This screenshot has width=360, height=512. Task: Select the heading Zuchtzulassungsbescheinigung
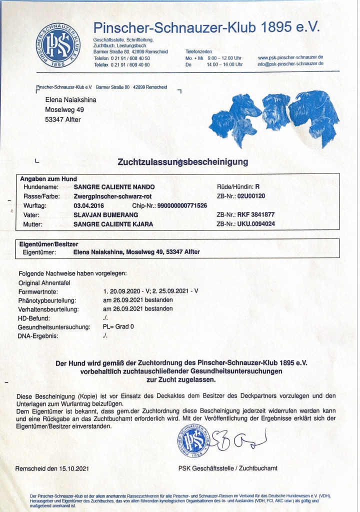coord(182,162)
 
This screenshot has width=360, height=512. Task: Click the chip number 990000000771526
coord(182,205)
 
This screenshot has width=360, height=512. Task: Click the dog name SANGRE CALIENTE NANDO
coord(110,186)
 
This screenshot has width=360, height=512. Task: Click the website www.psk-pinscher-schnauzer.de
coord(290,58)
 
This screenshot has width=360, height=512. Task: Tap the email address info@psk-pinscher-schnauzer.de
coord(290,64)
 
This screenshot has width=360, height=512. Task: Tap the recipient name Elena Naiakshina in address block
coord(70,100)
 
